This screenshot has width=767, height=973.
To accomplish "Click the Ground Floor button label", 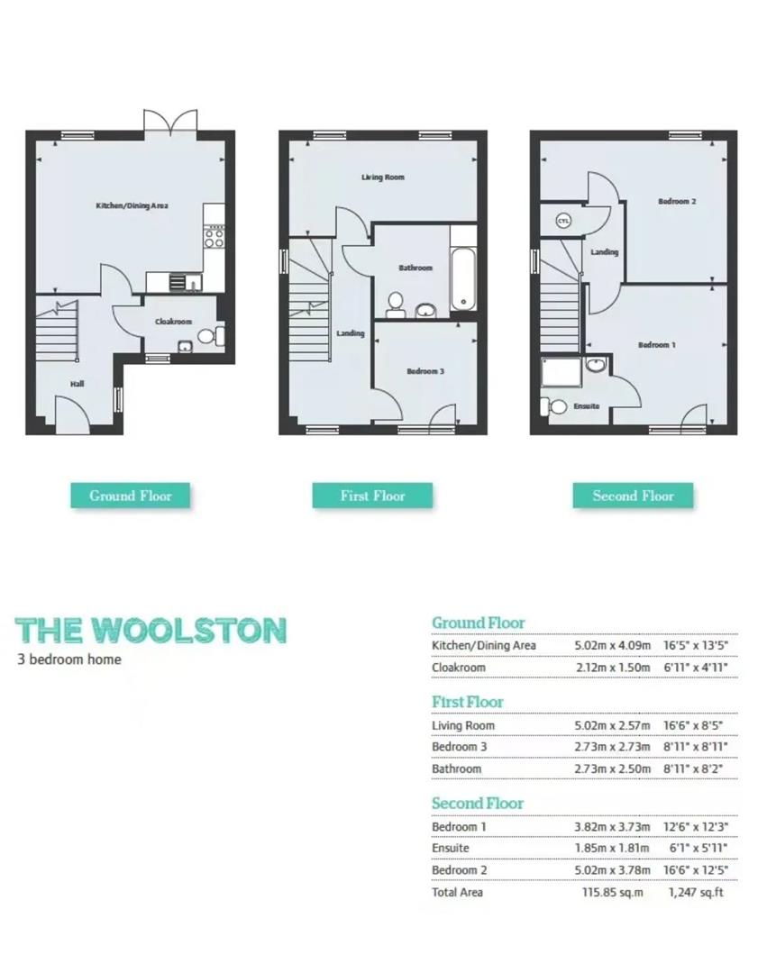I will tap(131, 496).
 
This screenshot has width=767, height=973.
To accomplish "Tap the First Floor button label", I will tap(372, 496).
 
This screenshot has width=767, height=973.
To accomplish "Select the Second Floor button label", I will tap(633, 496).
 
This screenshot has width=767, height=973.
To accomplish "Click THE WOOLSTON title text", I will tap(151, 631).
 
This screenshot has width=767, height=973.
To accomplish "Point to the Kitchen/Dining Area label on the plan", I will tap(132, 206).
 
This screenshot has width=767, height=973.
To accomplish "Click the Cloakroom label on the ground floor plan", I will tap(173, 322).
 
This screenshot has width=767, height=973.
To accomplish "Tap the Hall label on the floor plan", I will tap(78, 385).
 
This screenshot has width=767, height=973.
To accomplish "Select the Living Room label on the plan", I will tap(383, 177).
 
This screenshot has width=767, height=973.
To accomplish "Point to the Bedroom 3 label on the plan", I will tap(425, 371).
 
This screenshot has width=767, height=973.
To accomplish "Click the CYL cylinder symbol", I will tap(563, 221).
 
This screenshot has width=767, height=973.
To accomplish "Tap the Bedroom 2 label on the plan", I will tap(677, 202).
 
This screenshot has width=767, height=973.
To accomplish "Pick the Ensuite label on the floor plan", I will tap(587, 406).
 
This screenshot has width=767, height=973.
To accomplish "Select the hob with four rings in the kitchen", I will tap(215, 237).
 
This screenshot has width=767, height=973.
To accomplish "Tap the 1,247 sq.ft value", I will tap(696, 892).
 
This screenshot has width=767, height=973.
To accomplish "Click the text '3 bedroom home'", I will tap(69, 659).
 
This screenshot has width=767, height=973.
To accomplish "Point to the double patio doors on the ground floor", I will tap(170, 122).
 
